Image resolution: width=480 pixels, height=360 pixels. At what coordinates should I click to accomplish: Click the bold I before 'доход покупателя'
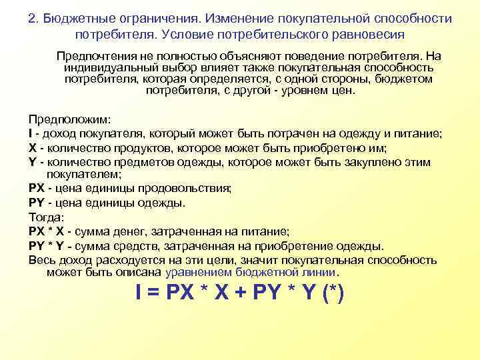[31, 133]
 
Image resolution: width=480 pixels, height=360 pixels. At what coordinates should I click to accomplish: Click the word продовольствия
[189, 188]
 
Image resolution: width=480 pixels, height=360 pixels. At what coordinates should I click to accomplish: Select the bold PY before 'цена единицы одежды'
[37, 203]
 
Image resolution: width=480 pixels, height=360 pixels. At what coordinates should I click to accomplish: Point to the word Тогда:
[46, 217]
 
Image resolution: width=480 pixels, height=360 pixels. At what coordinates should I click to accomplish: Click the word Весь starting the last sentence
[41, 259]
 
